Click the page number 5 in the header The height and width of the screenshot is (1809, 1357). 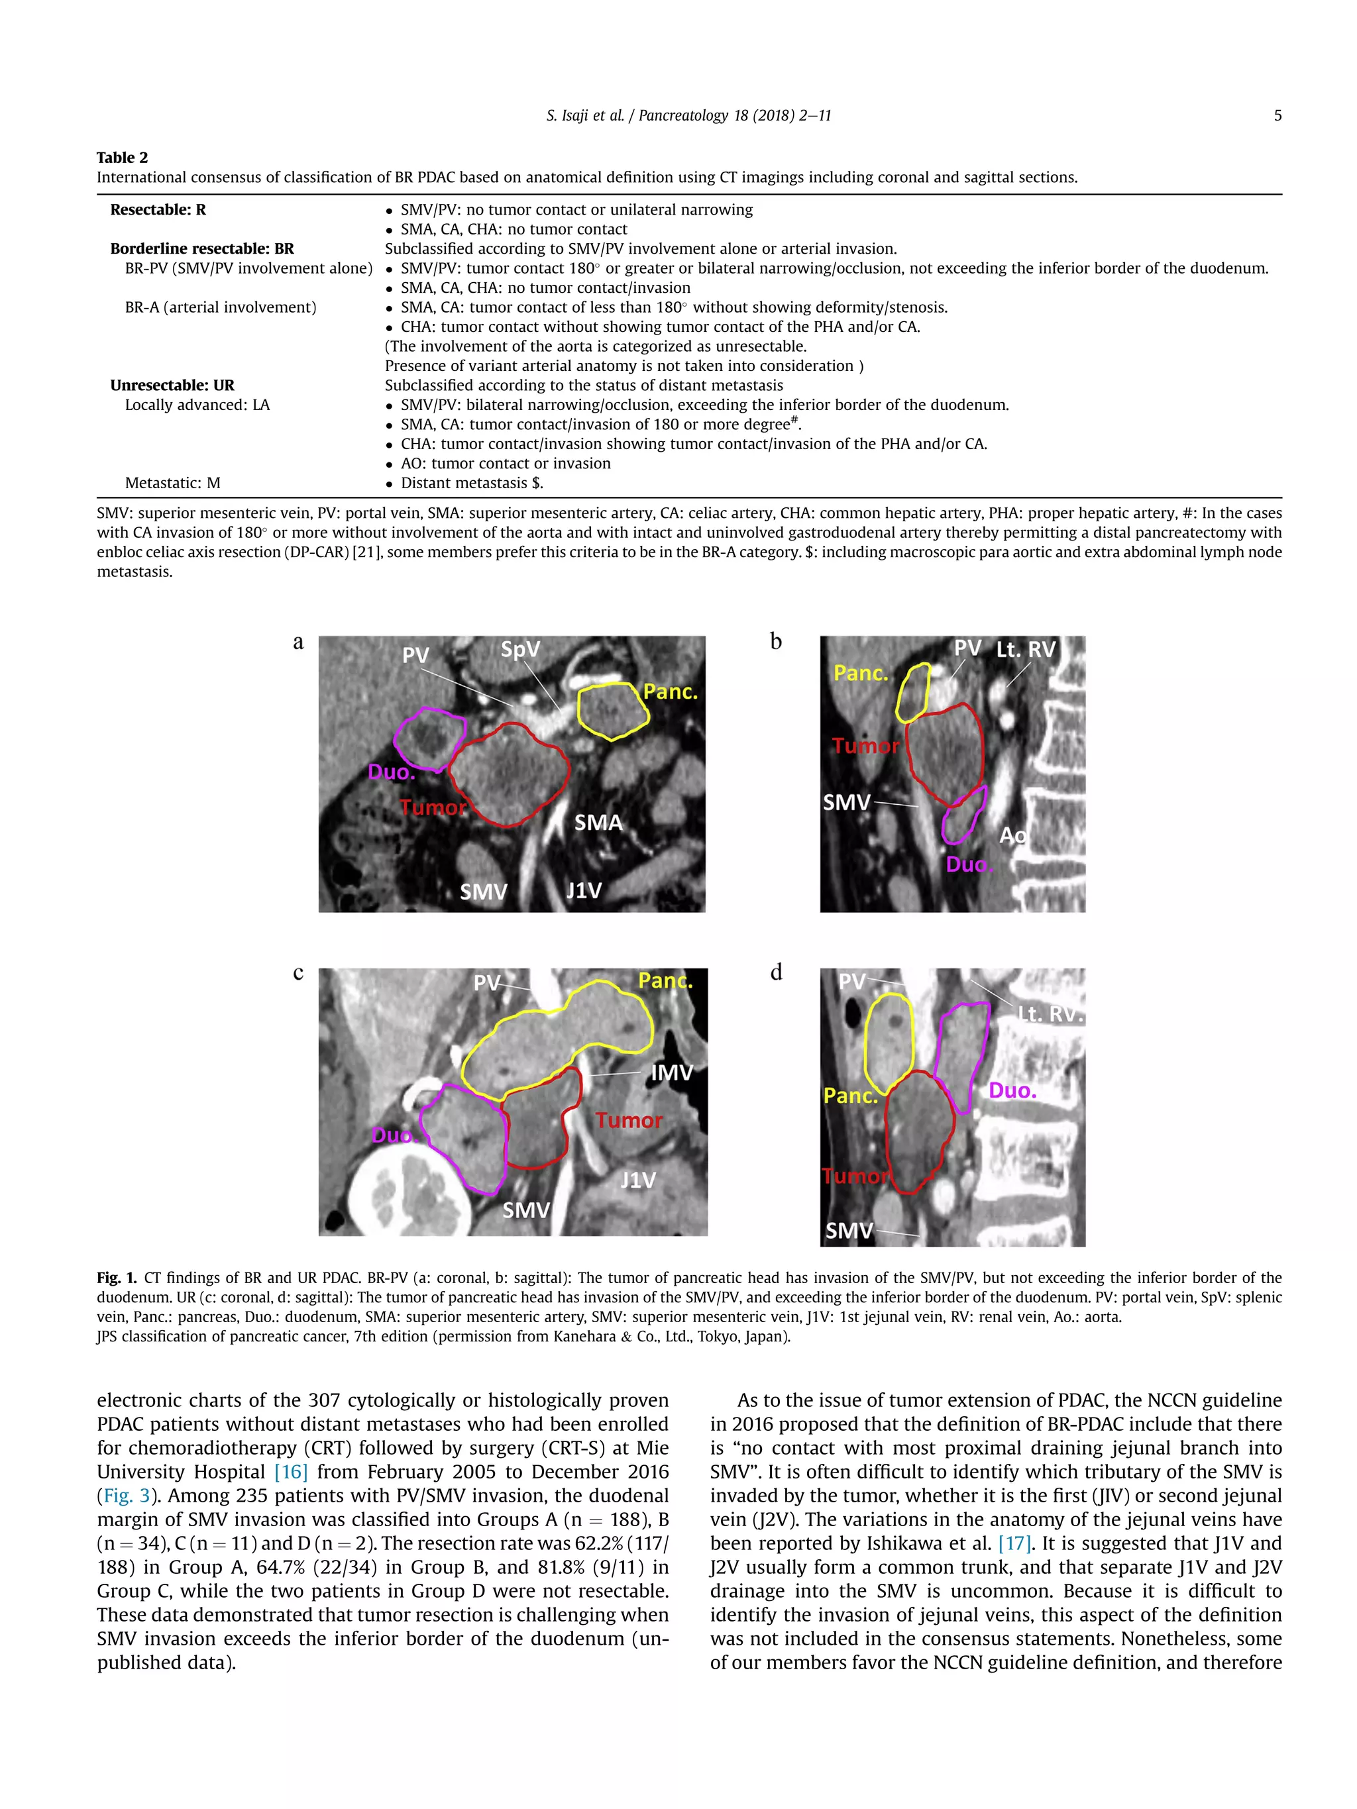pyautogui.click(x=1277, y=115)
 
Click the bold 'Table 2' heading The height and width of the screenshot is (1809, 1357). pyautogui.click(x=122, y=158)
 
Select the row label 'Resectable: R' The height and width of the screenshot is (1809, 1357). pyautogui.click(x=158, y=209)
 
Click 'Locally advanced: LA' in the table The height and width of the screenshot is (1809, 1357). pyautogui.click(x=197, y=405)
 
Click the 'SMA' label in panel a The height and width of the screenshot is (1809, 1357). pyautogui.click(x=598, y=823)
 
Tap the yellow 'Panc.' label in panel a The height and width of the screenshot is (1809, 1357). pyautogui.click(x=670, y=692)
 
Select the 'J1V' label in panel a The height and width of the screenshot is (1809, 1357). pyautogui.click(x=584, y=891)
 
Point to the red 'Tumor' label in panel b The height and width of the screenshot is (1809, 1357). pyautogui.click(x=865, y=746)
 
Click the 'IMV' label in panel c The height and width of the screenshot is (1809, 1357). pyautogui.click(x=672, y=1073)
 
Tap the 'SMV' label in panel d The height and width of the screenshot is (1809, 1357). pyautogui.click(x=848, y=1230)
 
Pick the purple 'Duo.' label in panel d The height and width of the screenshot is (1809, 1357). pyautogui.click(x=1012, y=1090)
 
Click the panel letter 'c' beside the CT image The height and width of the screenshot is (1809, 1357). pyautogui.click(x=298, y=973)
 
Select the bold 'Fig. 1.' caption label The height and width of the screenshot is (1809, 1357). pyautogui.click(x=115, y=1277)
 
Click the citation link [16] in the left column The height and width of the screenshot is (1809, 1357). pyautogui.click(x=290, y=1472)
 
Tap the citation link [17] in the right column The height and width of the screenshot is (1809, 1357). pyautogui.click(x=1014, y=1543)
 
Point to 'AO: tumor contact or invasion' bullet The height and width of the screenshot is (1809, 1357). pyautogui.click(x=505, y=464)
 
